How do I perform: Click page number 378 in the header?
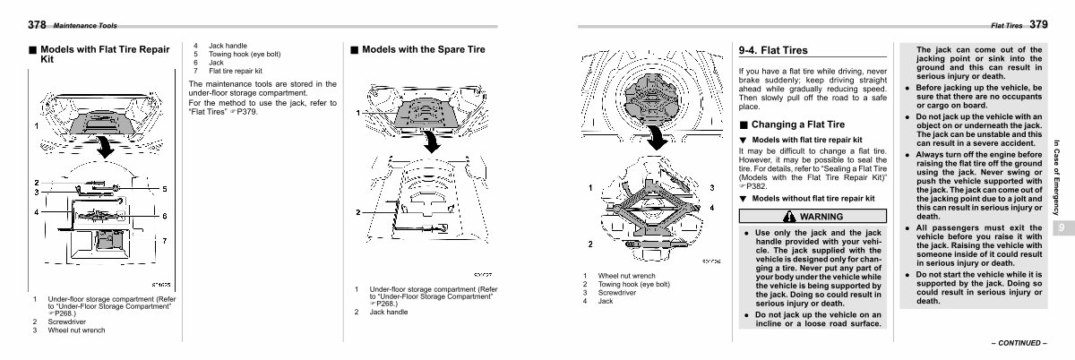[37, 23]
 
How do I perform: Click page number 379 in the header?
[1037, 23]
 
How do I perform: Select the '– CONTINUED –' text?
[1018, 343]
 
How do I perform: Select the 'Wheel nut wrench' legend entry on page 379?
[626, 276]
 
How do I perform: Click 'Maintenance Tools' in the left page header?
[85, 25]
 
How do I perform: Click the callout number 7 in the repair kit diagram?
[164, 240]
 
